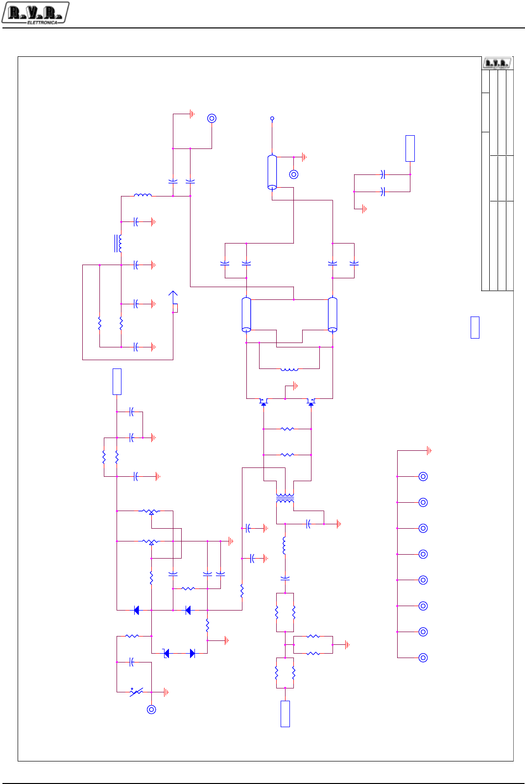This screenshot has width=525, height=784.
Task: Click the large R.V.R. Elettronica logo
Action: [35, 13]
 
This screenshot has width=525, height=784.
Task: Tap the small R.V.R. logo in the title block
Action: [497, 63]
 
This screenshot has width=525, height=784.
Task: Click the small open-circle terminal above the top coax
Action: [272, 119]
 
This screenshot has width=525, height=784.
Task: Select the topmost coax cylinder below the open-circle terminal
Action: [272, 172]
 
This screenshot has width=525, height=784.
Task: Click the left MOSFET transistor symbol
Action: [263, 401]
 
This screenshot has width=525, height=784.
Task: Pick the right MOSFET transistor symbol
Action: [311, 401]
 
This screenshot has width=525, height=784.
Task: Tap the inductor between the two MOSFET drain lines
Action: [289, 369]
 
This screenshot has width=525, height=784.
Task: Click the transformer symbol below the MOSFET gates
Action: [285, 498]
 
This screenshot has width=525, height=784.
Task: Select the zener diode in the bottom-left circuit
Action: [167, 653]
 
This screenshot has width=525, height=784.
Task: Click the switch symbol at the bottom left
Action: [136, 691]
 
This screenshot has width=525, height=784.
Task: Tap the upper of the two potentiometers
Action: [151, 512]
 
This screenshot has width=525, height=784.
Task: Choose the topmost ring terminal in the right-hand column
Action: [424, 476]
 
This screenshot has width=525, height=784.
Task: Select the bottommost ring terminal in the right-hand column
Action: [424, 658]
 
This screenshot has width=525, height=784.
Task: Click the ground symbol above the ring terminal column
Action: [429, 450]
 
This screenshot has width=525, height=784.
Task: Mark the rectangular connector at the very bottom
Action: [285, 713]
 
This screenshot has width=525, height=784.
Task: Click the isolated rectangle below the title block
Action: [475, 327]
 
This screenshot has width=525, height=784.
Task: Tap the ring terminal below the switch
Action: [151, 709]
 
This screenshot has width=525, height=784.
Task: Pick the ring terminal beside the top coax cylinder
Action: [294, 174]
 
